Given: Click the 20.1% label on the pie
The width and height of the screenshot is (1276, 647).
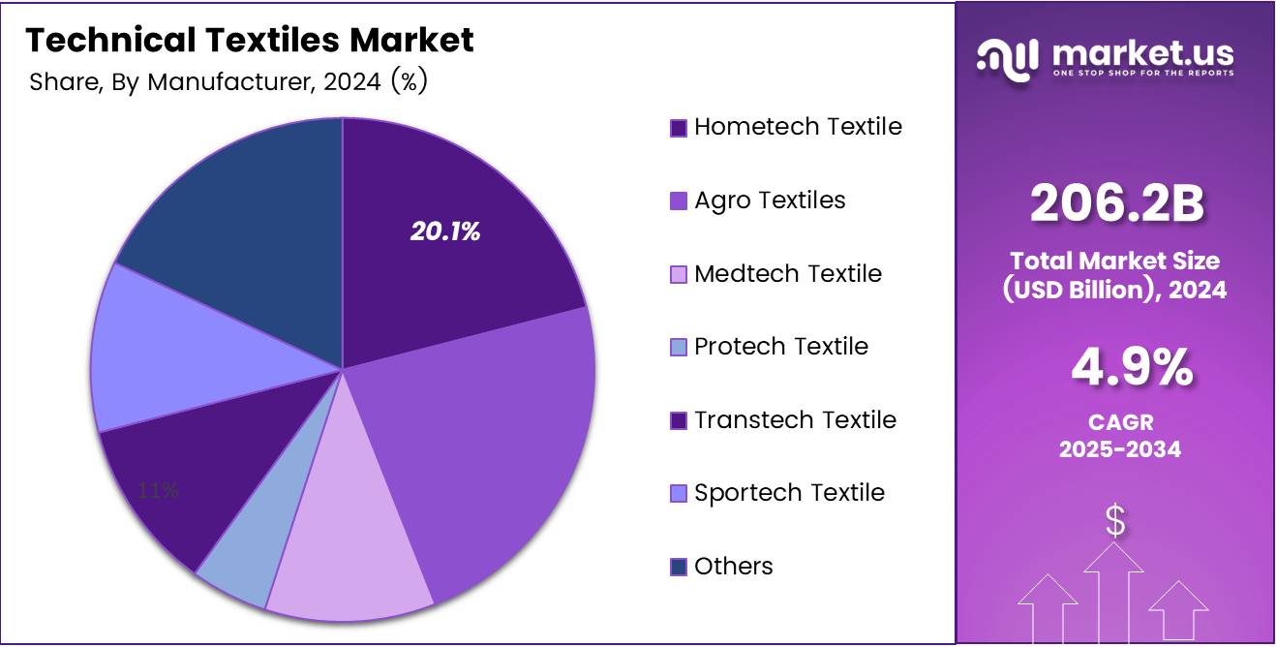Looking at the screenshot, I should pos(445,231).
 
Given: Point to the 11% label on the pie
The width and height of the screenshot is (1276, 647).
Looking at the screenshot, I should pos(158,490).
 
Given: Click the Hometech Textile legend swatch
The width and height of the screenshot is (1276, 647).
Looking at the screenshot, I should pos(679,128).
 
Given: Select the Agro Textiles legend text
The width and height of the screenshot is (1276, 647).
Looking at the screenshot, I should pos(770,200).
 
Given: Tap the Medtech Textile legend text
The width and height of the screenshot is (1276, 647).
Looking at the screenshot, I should pos(788,274).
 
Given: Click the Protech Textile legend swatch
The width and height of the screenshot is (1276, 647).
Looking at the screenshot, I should pos(679,348).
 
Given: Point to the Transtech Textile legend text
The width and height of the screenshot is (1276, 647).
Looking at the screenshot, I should pos(795,420).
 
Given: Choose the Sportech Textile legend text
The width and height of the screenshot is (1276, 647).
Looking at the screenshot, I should pos(789,493).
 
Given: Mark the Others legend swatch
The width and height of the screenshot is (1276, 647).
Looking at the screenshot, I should pos(679,567).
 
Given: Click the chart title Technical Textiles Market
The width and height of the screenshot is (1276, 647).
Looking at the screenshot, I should pos(250,41).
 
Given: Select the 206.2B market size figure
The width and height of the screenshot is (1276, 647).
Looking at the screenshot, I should pos(1116,204).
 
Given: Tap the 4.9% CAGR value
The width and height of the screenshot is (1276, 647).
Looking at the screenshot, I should pos(1131,369).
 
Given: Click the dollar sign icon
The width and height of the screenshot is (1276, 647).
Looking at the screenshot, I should pos(1115,521).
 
